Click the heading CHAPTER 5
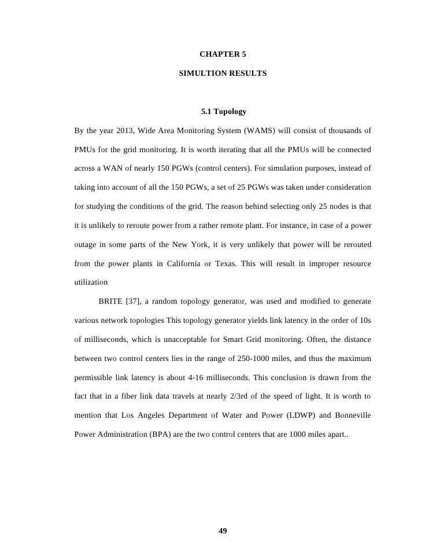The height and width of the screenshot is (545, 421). [x=223, y=54]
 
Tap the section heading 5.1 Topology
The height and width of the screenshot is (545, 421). [x=223, y=111]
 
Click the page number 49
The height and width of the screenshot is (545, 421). [x=223, y=532]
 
